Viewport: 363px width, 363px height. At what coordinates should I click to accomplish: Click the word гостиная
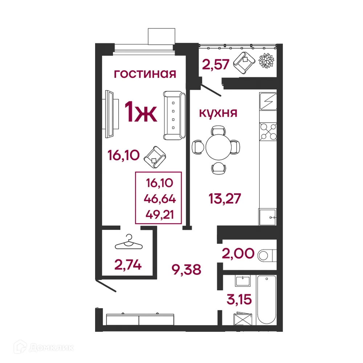[145, 74]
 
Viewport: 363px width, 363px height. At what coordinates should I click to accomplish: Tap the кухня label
[218, 113]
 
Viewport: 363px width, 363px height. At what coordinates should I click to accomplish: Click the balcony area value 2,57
[216, 65]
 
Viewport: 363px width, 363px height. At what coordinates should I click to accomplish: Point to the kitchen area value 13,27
[225, 199]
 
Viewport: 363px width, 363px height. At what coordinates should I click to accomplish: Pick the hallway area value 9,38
[186, 269]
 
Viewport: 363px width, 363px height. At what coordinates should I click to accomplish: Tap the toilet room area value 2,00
[238, 253]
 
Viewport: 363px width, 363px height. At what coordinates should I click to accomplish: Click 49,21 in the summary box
[159, 214]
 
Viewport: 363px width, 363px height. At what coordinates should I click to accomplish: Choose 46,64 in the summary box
[159, 199]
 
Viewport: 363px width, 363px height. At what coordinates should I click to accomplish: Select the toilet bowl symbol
[267, 255]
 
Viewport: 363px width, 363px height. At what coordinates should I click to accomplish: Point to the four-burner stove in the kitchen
[268, 131]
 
